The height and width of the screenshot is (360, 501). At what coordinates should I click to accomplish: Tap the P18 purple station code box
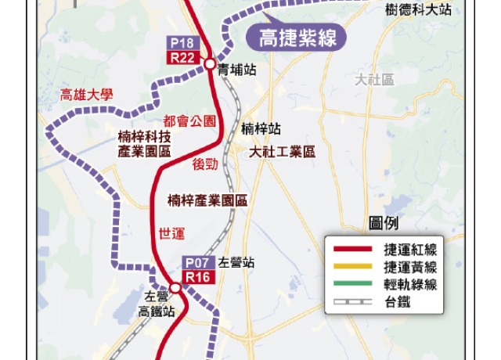tap(184, 43)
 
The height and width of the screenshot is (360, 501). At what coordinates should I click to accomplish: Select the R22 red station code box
tap(184, 57)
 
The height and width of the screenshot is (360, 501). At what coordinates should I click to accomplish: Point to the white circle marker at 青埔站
tap(210, 64)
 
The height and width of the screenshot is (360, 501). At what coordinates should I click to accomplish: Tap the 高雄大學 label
tap(86, 95)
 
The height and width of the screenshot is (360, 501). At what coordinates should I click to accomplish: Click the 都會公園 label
tap(189, 121)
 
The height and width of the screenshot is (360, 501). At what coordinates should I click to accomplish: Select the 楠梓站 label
tap(261, 129)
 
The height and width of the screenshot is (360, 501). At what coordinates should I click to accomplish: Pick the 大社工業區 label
tap(282, 152)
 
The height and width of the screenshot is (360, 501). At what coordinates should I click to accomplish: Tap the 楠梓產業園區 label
tap(207, 200)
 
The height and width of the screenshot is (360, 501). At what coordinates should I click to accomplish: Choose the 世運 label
tap(171, 232)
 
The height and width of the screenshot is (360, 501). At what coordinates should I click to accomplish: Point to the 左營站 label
tap(236, 264)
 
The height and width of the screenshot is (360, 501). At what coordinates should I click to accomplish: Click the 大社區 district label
tap(374, 80)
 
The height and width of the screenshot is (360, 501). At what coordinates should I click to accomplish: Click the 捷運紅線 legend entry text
tap(409, 249)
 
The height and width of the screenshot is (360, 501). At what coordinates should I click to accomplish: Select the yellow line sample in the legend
tap(352, 267)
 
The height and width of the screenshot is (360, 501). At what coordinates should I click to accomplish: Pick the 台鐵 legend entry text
tap(397, 302)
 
